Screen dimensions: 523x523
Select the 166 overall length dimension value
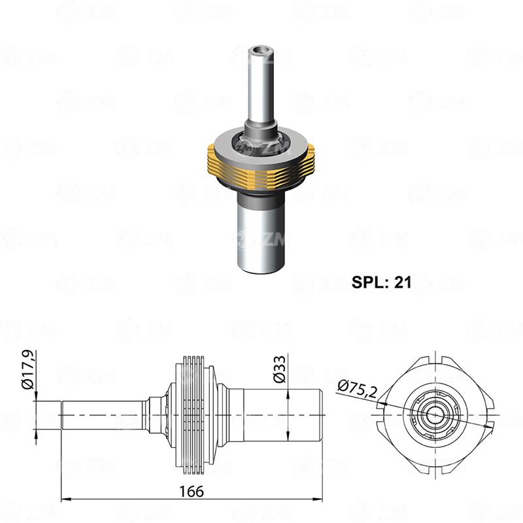pyautogui.click(x=192, y=490)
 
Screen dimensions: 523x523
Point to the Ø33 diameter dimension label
pyautogui.click(x=279, y=369)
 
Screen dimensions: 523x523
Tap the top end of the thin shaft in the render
pyautogui.click(x=262, y=49)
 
